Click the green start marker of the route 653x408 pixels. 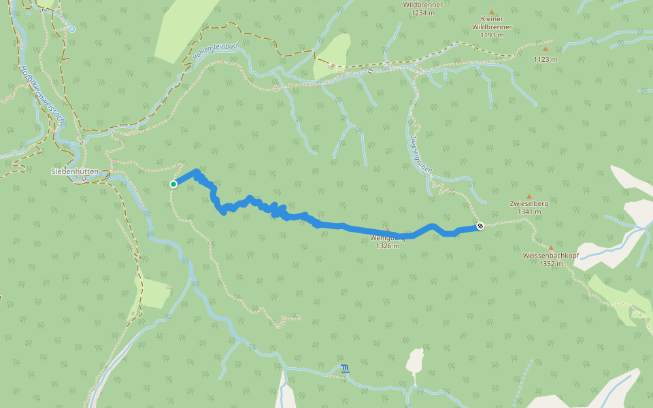click(x=173, y=184)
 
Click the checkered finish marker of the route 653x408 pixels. click(x=480, y=226)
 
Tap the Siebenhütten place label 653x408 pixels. click(x=75, y=171)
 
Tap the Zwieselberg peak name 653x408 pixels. click(x=529, y=203)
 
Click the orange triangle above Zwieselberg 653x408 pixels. click(x=529, y=196)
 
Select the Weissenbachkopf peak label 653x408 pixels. click(x=550, y=256)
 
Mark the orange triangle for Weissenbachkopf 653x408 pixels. click(x=550, y=248)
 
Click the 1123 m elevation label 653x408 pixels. click(x=545, y=59)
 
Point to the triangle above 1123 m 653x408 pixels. click(x=545, y=49)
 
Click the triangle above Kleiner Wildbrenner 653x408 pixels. click(x=491, y=12)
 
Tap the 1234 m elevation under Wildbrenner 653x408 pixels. click(x=422, y=13)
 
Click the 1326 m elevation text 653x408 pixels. click(x=387, y=246)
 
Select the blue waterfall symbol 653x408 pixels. click(x=346, y=369)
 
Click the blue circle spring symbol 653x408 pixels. click(x=71, y=29)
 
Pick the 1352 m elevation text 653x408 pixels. click(x=550, y=264)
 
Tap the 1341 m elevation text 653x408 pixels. click(x=529, y=211)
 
